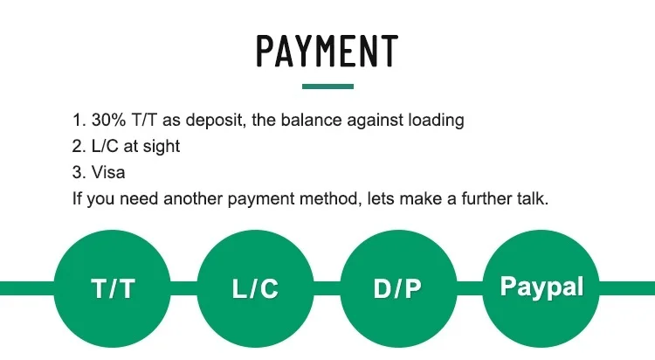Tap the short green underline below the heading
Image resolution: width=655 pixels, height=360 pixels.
click(327, 87)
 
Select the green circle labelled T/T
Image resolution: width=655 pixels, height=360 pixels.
click(113, 288)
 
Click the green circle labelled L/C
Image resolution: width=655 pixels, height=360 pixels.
click(255, 288)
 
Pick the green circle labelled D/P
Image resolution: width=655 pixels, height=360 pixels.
click(397, 288)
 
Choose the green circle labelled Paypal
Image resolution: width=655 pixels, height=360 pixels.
click(541, 288)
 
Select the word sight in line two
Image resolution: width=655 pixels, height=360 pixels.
click(160, 147)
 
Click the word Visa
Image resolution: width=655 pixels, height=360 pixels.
click(108, 173)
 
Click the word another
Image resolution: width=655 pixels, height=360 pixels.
click(198, 199)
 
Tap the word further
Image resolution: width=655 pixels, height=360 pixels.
click(479, 199)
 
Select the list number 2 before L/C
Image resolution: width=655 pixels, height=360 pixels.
click(77, 147)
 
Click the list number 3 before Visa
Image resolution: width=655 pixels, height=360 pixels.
click(77, 173)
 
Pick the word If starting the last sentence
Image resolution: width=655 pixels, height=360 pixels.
click(76, 199)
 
